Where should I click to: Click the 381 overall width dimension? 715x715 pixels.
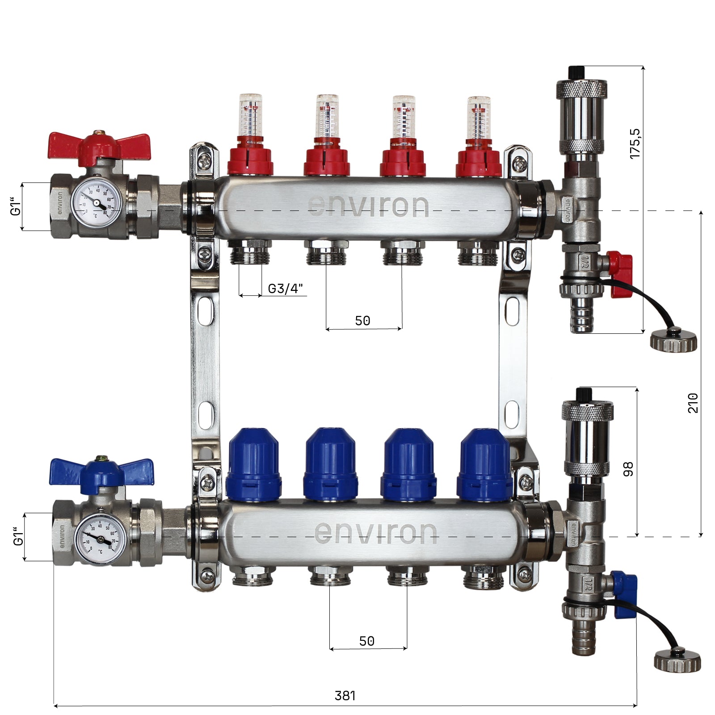click(x=345, y=695)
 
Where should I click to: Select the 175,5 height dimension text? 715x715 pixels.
click(x=635, y=143)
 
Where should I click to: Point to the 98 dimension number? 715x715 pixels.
click(x=628, y=469)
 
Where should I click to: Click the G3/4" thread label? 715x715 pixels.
click(x=285, y=289)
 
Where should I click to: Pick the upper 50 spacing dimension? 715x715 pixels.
click(x=362, y=320)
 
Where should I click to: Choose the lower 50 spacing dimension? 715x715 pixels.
click(x=366, y=641)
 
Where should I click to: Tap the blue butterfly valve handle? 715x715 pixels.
click(x=101, y=470)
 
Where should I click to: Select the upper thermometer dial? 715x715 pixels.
click(x=96, y=202)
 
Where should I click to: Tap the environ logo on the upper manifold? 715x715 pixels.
click(x=368, y=206)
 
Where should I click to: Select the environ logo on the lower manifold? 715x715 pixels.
click(x=375, y=532)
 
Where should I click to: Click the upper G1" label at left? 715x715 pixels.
click(x=16, y=206)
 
